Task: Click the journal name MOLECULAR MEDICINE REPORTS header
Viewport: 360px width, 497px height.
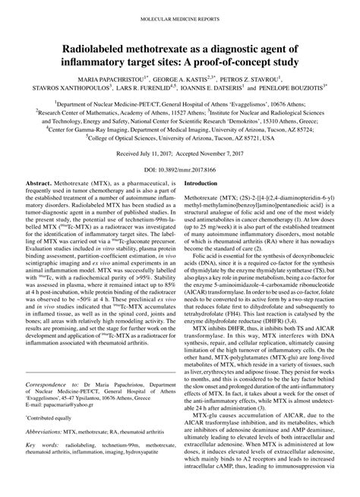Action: pos(180,15)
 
